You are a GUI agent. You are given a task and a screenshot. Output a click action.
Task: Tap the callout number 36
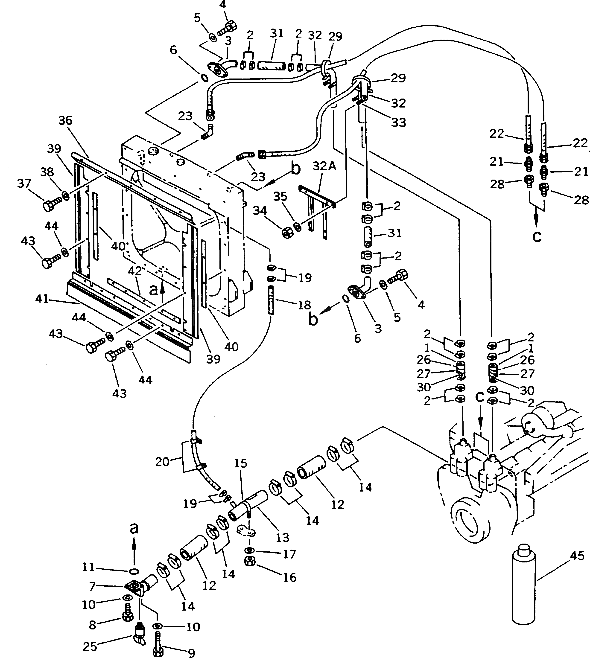tap(65, 121)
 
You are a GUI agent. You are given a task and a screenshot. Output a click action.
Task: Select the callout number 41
tap(42, 299)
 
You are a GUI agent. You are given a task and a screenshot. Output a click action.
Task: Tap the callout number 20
tap(162, 462)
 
